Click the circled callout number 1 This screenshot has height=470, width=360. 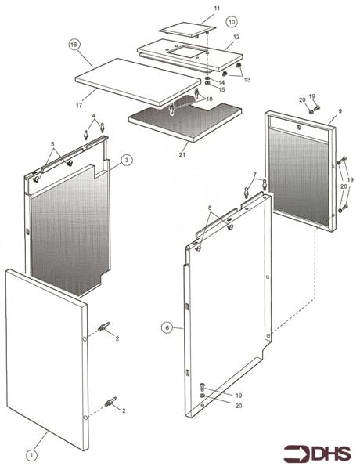[31, 454]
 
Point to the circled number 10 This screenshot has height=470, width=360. [231, 21]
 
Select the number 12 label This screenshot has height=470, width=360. [236, 37]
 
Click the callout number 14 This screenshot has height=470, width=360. [221, 82]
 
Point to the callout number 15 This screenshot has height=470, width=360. [221, 91]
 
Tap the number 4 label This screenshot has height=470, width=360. [94, 117]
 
